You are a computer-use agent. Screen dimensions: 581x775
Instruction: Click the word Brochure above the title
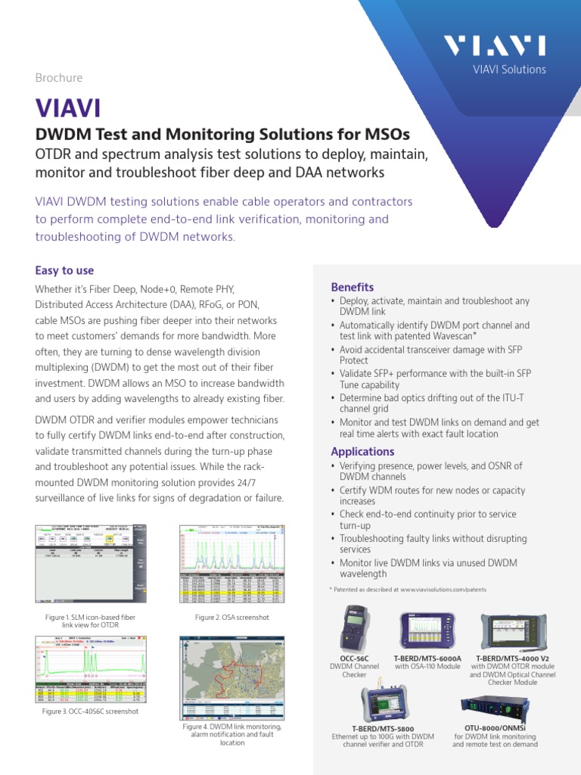(59, 78)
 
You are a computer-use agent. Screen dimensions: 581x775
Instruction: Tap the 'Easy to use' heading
(65, 270)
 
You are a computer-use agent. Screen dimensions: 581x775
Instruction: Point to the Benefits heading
(353, 287)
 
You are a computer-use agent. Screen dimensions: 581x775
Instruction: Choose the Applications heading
(362, 452)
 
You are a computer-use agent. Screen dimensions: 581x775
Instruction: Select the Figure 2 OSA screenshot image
(232, 565)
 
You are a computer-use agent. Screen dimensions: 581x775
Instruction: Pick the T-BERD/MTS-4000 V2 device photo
(512, 633)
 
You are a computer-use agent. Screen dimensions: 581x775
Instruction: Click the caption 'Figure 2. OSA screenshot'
(232, 618)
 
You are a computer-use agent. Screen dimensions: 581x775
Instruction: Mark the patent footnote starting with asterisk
(408, 589)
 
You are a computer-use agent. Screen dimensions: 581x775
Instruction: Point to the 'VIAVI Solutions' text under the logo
(509, 70)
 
